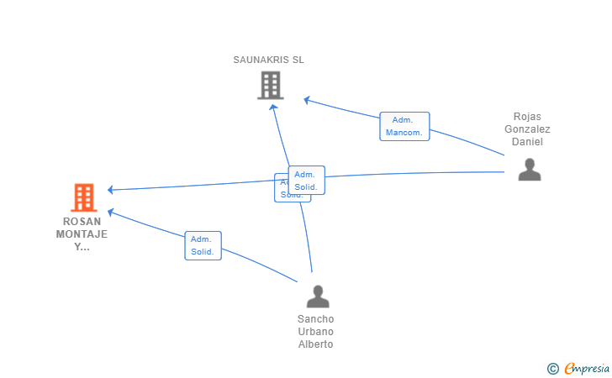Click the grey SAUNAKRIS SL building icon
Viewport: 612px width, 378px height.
pos(270,85)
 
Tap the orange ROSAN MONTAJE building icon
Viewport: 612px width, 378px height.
pos(83,197)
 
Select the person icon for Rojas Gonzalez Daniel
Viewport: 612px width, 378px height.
pos(529,170)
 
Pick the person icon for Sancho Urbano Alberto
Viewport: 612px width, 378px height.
pos(317,297)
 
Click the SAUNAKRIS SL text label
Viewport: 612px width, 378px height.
pos(269,60)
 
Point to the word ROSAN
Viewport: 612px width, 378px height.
pos(82,222)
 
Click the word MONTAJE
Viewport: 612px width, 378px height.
pos(82,234)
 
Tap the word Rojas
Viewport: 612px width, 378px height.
pos(529,117)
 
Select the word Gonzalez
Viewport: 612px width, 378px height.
pos(527,129)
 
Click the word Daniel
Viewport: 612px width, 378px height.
pos(529,141)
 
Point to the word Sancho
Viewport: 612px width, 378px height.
pos(315,319)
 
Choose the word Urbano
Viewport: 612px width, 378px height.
pos(315,332)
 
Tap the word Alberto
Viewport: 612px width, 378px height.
pos(315,344)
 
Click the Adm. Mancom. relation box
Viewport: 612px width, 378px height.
pos(404,126)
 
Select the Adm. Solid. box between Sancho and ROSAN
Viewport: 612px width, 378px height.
pos(203,245)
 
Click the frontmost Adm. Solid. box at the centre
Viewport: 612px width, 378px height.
pos(306,180)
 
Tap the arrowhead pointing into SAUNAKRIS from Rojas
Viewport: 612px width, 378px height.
pos(308,100)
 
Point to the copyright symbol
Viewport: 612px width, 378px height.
pos(552,368)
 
